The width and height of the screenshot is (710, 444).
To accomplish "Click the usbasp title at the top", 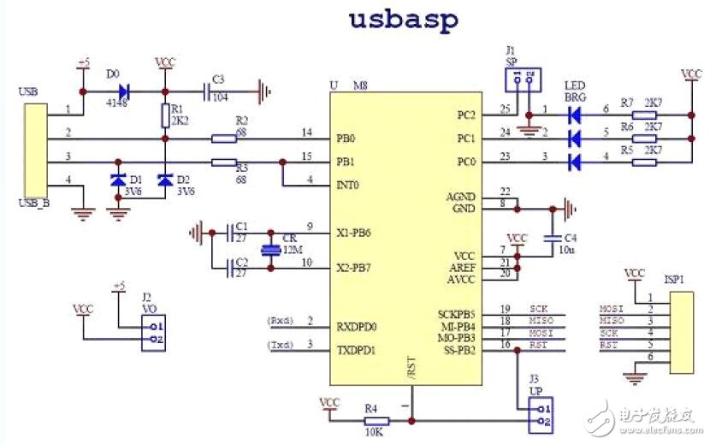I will point(404,19).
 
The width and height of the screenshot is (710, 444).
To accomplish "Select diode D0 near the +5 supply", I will point(125,89).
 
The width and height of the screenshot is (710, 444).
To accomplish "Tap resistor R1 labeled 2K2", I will point(165,115).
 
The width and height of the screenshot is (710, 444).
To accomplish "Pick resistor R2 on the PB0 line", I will point(224,137).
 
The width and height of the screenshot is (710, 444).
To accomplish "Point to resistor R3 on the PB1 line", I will point(224,162).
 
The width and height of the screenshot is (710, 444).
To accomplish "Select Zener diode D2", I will point(165,181).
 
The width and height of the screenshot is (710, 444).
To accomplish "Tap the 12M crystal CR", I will point(271,249).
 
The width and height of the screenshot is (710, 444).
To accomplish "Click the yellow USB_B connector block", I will point(35,151).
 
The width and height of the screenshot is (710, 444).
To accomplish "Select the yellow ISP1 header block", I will point(682,332).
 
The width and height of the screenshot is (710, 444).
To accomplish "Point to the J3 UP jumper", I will point(539,415).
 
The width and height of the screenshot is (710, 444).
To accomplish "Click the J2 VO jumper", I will point(153,333).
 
